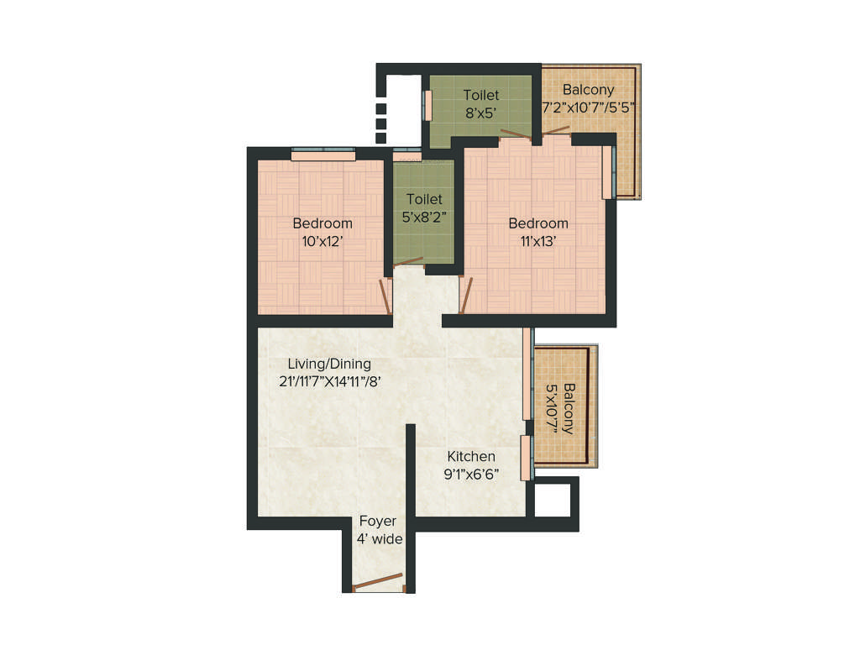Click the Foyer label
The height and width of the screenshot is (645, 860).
(377, 521)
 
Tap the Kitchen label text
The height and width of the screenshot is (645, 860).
(470, 456)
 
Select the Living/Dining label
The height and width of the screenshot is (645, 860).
(328, 364)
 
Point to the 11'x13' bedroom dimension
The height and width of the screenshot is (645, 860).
(537, 241)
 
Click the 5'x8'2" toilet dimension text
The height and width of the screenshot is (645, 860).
(424, 217)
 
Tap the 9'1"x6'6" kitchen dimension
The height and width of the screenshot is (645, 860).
(472, 474)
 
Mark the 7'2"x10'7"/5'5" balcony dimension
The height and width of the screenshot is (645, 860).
(588, 107)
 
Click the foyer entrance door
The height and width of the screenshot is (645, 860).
(378, 582)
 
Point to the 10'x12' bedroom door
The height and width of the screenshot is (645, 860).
(385, 296)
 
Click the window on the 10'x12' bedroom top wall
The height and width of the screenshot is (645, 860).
(323, 155)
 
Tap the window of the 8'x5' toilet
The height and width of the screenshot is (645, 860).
(427, 105)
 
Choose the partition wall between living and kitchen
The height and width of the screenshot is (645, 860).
(411, 470)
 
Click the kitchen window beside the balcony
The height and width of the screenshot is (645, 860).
(526, 458)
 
